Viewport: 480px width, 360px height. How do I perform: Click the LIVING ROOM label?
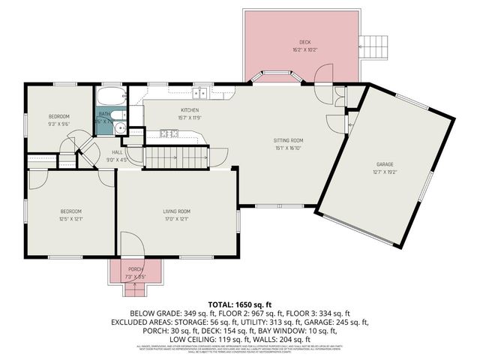point(178,211)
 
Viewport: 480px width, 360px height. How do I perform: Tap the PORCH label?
point(136,269)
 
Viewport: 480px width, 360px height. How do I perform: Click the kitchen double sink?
point(199,93)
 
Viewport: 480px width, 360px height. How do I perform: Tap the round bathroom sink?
point(119,128)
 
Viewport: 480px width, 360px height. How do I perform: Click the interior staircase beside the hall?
point(175,157)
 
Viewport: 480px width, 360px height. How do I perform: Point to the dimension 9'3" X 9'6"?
point(59,123)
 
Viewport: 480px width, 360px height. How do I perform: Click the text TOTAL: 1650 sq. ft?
point(240,304)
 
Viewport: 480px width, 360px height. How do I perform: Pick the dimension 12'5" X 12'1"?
point(71,218)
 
